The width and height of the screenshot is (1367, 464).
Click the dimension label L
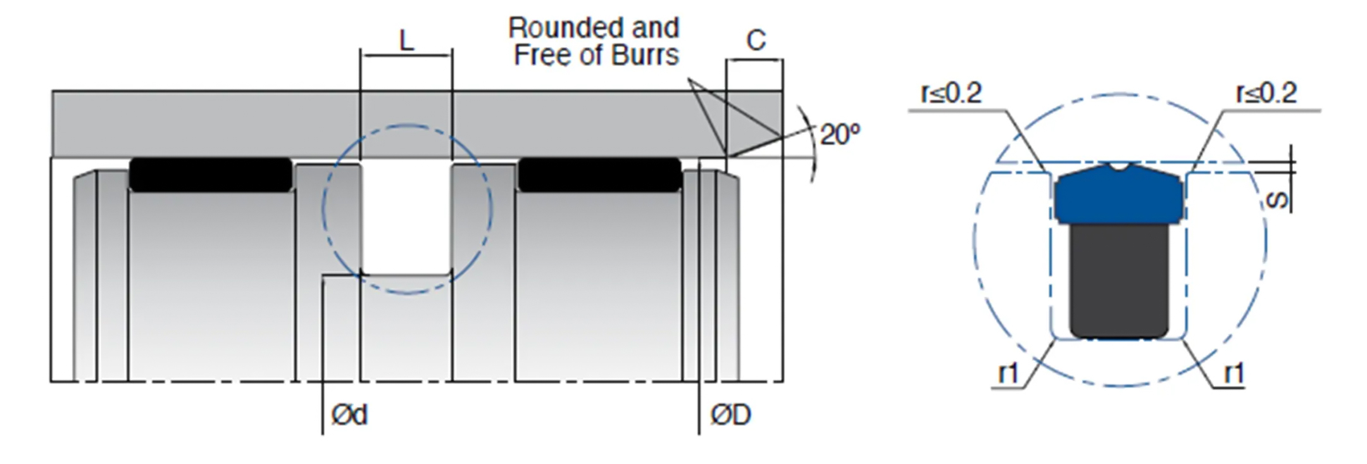pyautogui.click(x=406, y=41)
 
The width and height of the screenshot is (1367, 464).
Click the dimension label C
pyautogui.click(x=756, y=41)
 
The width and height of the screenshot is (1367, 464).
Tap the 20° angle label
pyautogui.click(x=840, y=135)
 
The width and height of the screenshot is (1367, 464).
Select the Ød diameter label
pyautogui.click(x=349, y=415)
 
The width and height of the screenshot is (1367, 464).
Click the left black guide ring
pyautogui.click(x=211, y=174)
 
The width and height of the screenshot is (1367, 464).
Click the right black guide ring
pyautogui.click(x=600, y=174)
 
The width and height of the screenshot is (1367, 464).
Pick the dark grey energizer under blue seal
pyautogui.click(x=1118, y=280)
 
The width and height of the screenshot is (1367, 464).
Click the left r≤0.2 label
pyautogui.click(x=951, y=94)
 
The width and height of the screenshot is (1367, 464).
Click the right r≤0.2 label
pyautogui.click(x=1266, y=94)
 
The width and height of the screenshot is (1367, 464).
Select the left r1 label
pyautogui.click(x=1008, y=373)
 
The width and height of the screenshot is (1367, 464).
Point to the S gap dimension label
pyautogui.click(x=1278, y=200)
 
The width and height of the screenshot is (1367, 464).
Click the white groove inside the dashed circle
pyautogui.click(x=406, y=218)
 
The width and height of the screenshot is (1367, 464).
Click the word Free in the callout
pyautogui.click(x=542, y=55)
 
